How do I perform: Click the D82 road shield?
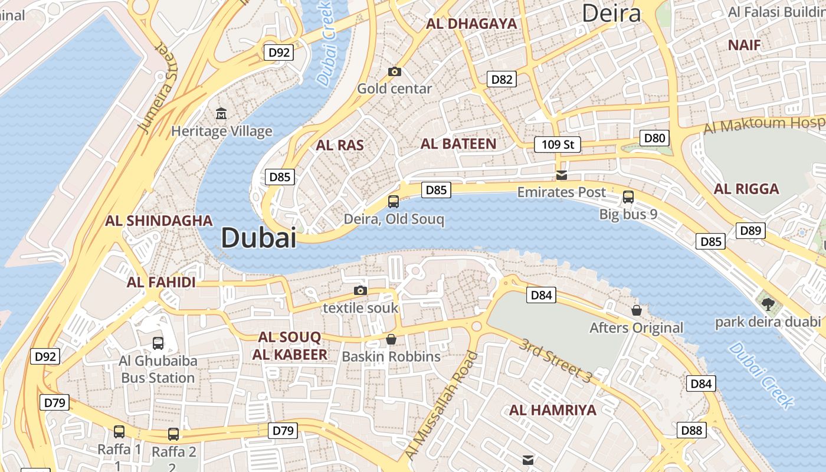point(501,79)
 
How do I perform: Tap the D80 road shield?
point(654,139)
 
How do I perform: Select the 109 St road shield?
point(558,145)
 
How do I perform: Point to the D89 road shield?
point(750,231)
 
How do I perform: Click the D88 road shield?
point(691,430)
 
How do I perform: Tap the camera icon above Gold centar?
point(395,72)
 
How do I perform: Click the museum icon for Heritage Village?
point(221,113)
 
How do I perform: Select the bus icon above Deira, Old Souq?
point(394,202)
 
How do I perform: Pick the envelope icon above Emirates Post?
point(561,175)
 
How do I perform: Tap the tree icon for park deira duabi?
point(768,304)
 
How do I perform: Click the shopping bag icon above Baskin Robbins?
point(391,339)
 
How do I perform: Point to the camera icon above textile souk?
point(360,290)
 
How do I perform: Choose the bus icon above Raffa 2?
point(173,434)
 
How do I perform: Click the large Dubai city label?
point(258,238)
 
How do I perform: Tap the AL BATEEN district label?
point(458,143)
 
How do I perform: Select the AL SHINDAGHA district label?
point(159,221)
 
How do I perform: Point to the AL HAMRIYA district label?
point(553,410)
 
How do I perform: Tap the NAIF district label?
point(744,45)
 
